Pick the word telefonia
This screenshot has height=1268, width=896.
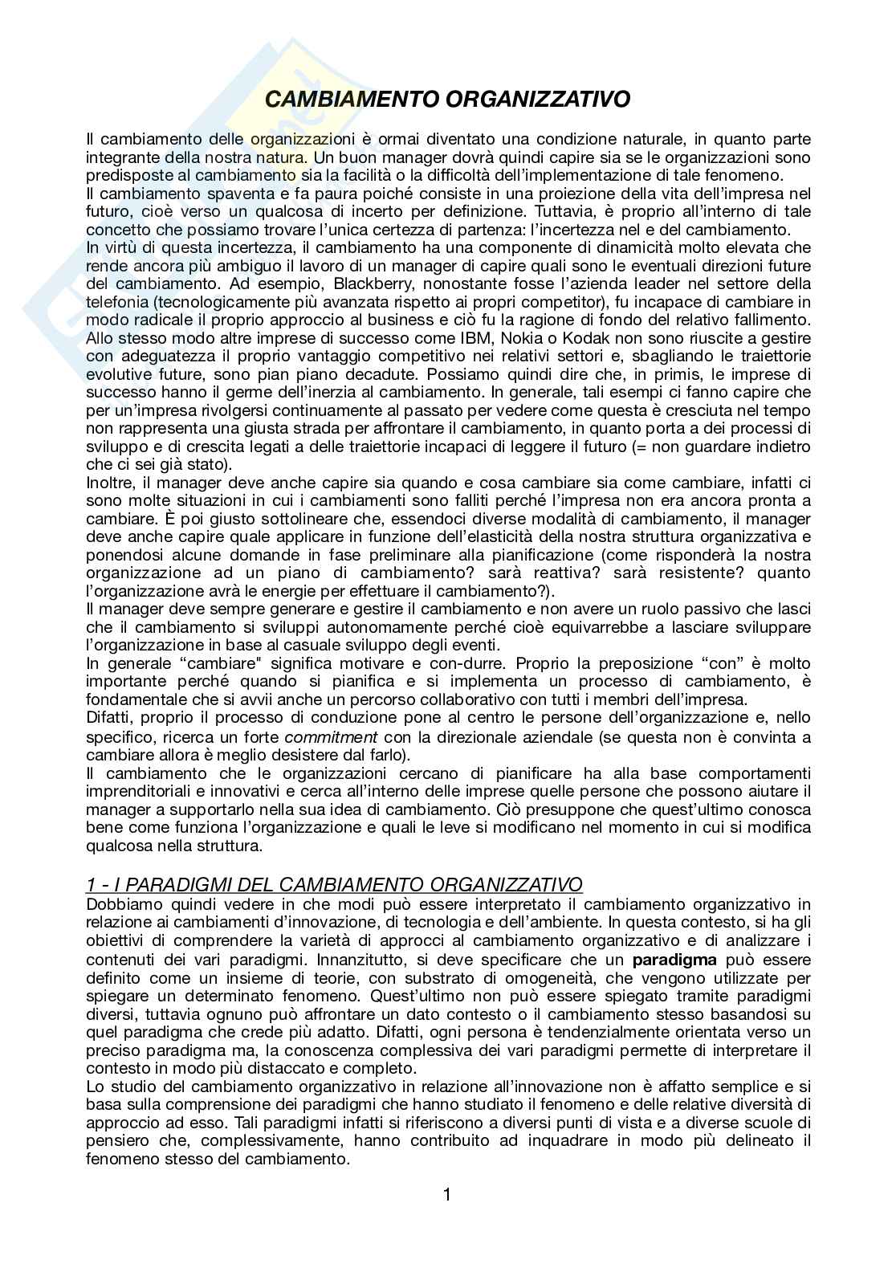(120, 301)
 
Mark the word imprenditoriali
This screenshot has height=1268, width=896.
(137, 792)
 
